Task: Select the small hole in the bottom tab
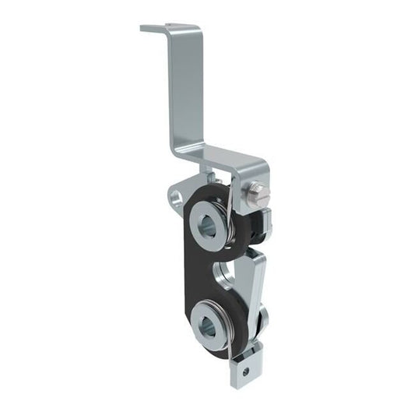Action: (246, 371)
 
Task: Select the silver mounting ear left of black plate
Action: (178, 194)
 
